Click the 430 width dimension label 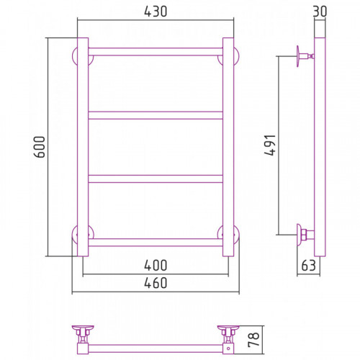[x=156, y=12]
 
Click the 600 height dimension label [x=40, y=147]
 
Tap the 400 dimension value [x=156, y=266]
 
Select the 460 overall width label [x=156, y=283]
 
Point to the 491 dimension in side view [x=270, y=145]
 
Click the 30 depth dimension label [x=320, y=12]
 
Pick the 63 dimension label [x=308, y=266]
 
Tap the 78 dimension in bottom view [x=253, y=339]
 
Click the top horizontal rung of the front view [x=156, y=52]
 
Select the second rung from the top [x=156, y=115]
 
